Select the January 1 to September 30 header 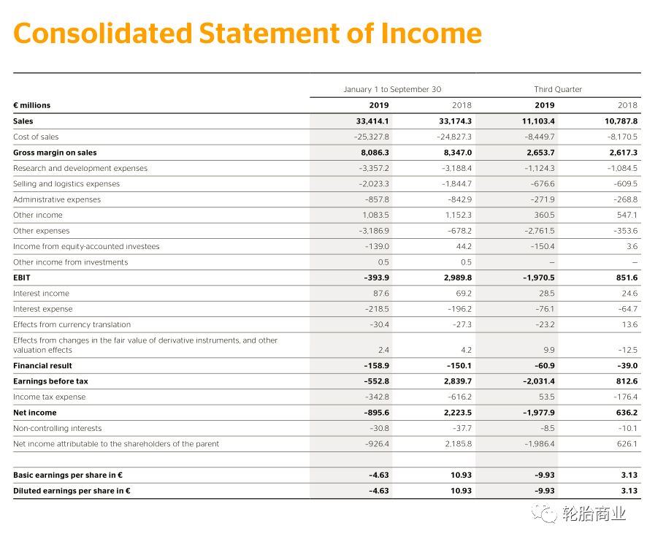(x=392, y=89)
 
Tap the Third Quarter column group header (x=558, y=89)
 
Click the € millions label (x=32, y=105)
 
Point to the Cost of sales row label (x=36, y=137)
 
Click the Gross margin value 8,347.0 (x=457, y=153)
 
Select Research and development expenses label (x=80, y=168)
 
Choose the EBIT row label (x=22, y=278)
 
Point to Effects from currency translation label (x=72, y=324)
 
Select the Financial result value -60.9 (x=541, y=365)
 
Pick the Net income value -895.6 (x=375, y=413)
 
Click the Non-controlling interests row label (x=58, y=428)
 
